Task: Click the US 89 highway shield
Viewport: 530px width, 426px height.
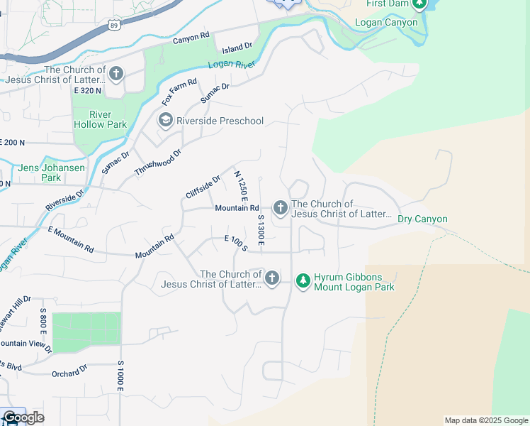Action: pos(114,25)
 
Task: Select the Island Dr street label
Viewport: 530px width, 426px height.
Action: pos(237,48)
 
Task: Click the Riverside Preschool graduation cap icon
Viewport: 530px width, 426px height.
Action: pos(165,121)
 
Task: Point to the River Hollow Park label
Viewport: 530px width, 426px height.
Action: pos(99,119)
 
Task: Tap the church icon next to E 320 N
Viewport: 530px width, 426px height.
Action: pos(116,74)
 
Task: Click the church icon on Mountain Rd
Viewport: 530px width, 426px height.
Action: pos(281,208)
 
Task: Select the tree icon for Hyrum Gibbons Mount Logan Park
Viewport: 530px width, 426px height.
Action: pos(303,281)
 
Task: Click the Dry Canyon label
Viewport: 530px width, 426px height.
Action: pos(422,219)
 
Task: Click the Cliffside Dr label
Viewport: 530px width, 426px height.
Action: pos(203,187)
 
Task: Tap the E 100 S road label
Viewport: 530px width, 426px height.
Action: pos(235,243)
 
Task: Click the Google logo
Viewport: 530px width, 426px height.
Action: pos(24,417)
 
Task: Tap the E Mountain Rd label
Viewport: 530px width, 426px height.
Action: pos(71,239)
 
